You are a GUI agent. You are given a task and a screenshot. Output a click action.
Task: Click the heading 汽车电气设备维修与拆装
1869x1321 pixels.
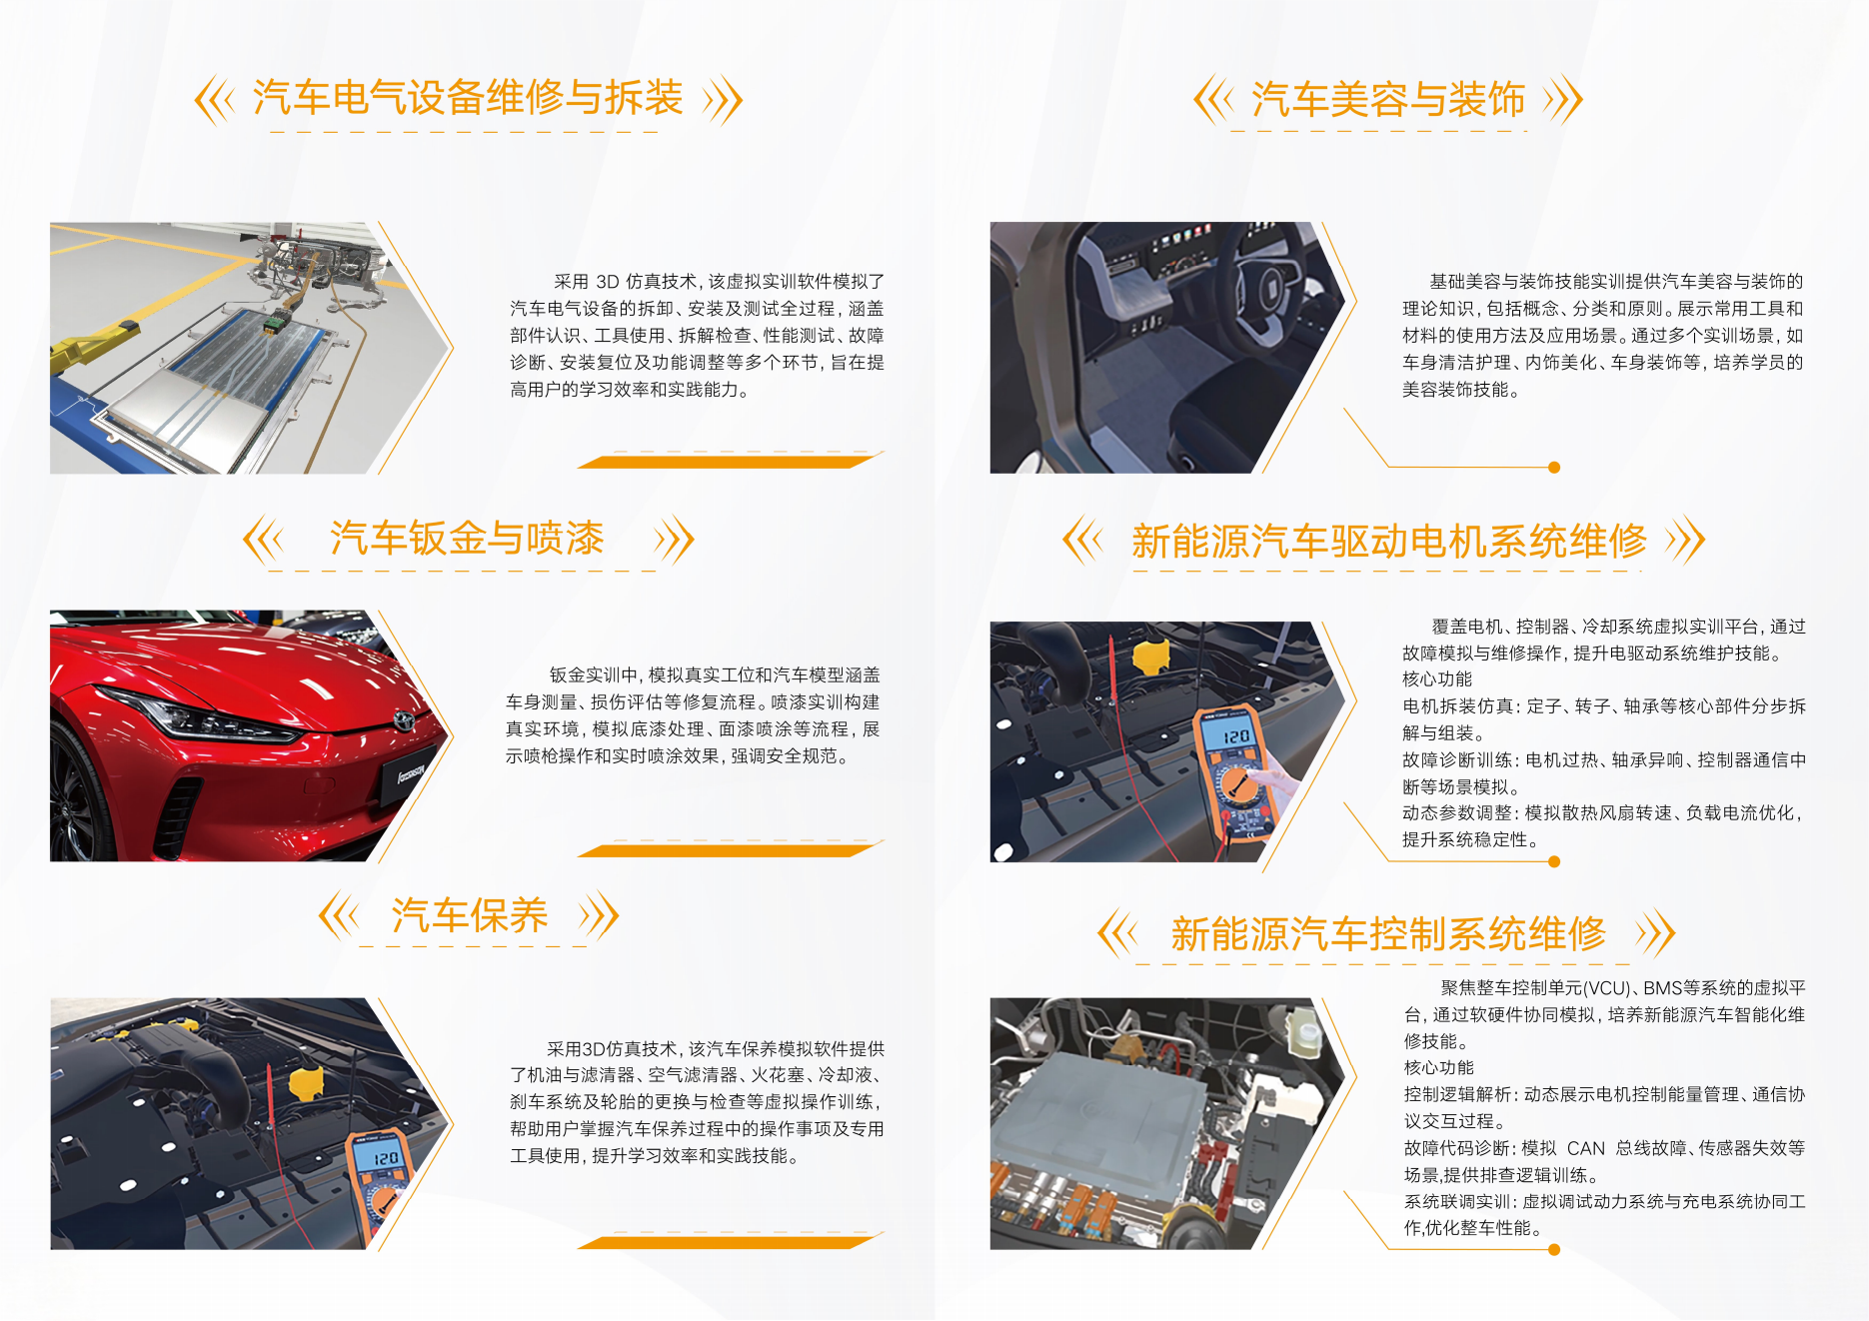click(x=468, y=98)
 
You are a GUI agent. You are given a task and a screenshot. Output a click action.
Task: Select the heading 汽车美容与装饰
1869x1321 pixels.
click(x=1388, y=100)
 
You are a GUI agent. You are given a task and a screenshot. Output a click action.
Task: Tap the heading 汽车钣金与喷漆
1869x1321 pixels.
click(x=467, y=539)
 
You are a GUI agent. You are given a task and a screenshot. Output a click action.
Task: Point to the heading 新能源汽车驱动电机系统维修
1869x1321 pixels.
click(x=1388, y=542)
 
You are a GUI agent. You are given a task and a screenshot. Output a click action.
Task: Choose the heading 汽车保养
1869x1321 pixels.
click(x=470, y=915)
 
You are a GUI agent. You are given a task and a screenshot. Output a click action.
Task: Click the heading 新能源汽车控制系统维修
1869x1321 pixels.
click(x=1388, y=934)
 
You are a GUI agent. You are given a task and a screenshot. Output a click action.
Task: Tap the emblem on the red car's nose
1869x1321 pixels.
click(x=404, y=720)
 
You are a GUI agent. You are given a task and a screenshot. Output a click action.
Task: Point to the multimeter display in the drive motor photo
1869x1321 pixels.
click(x=1235, y=736)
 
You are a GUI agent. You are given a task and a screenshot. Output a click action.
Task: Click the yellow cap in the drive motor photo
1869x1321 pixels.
click(x=1151, y=655)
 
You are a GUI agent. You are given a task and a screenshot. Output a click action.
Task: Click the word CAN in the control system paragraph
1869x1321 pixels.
click(x=1586, y=1148)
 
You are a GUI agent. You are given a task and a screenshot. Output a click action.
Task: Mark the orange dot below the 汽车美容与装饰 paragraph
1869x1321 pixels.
click(x=1554, y=467)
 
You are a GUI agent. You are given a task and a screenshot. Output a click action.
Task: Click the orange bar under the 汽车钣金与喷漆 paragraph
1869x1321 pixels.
click(x=730, y=851)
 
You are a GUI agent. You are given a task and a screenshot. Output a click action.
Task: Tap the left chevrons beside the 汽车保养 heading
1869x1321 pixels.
click(x=338, y=915)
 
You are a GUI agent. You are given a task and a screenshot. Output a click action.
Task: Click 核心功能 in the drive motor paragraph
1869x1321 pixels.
click(x=1437, y=679)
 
